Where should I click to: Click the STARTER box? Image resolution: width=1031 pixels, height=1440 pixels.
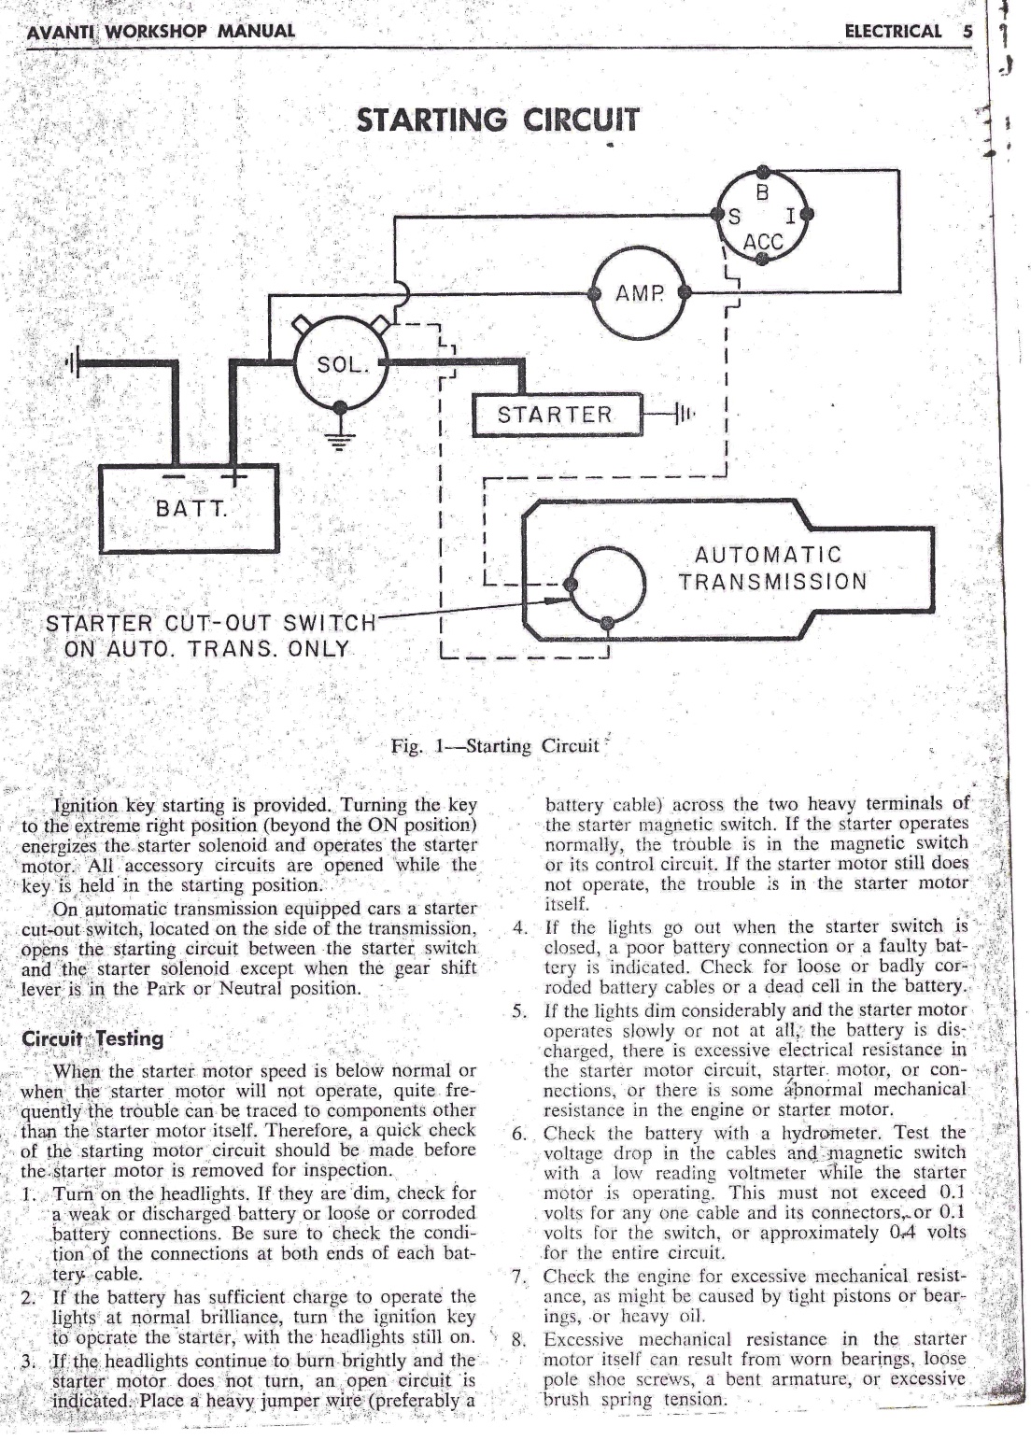(557, 415)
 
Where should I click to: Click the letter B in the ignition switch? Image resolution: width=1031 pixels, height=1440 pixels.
(762, 194)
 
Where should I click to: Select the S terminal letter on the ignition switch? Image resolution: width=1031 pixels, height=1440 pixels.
(734, 219)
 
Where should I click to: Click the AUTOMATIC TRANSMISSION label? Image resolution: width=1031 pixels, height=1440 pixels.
(772, 569)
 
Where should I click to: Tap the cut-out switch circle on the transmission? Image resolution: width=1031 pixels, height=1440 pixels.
(607, 586)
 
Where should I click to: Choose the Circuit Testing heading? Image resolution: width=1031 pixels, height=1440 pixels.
(92, 1038)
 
